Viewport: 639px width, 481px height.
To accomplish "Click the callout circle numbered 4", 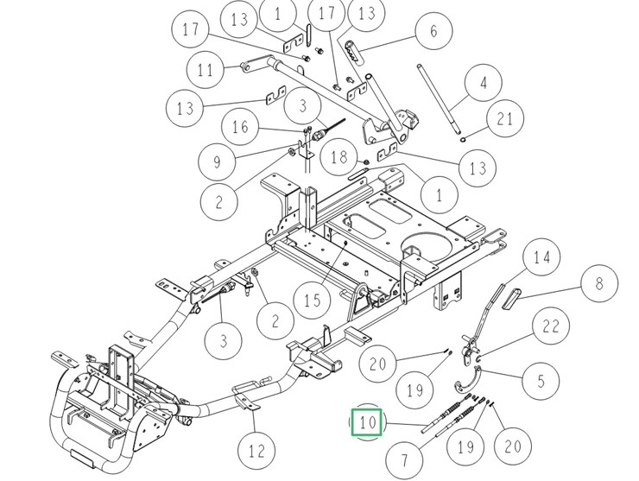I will (484, 85).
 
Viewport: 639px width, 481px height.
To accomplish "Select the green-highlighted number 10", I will (369, 423).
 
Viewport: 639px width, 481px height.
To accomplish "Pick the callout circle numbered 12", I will (256, 450).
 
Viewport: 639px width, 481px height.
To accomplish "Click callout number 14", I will (541, 256).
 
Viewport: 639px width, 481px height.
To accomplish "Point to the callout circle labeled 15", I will (312, 301).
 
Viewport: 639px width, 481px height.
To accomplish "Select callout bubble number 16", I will (240, 128).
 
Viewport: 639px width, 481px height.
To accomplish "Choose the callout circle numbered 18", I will (339, 156).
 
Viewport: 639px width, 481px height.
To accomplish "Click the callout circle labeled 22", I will (551, 327).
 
